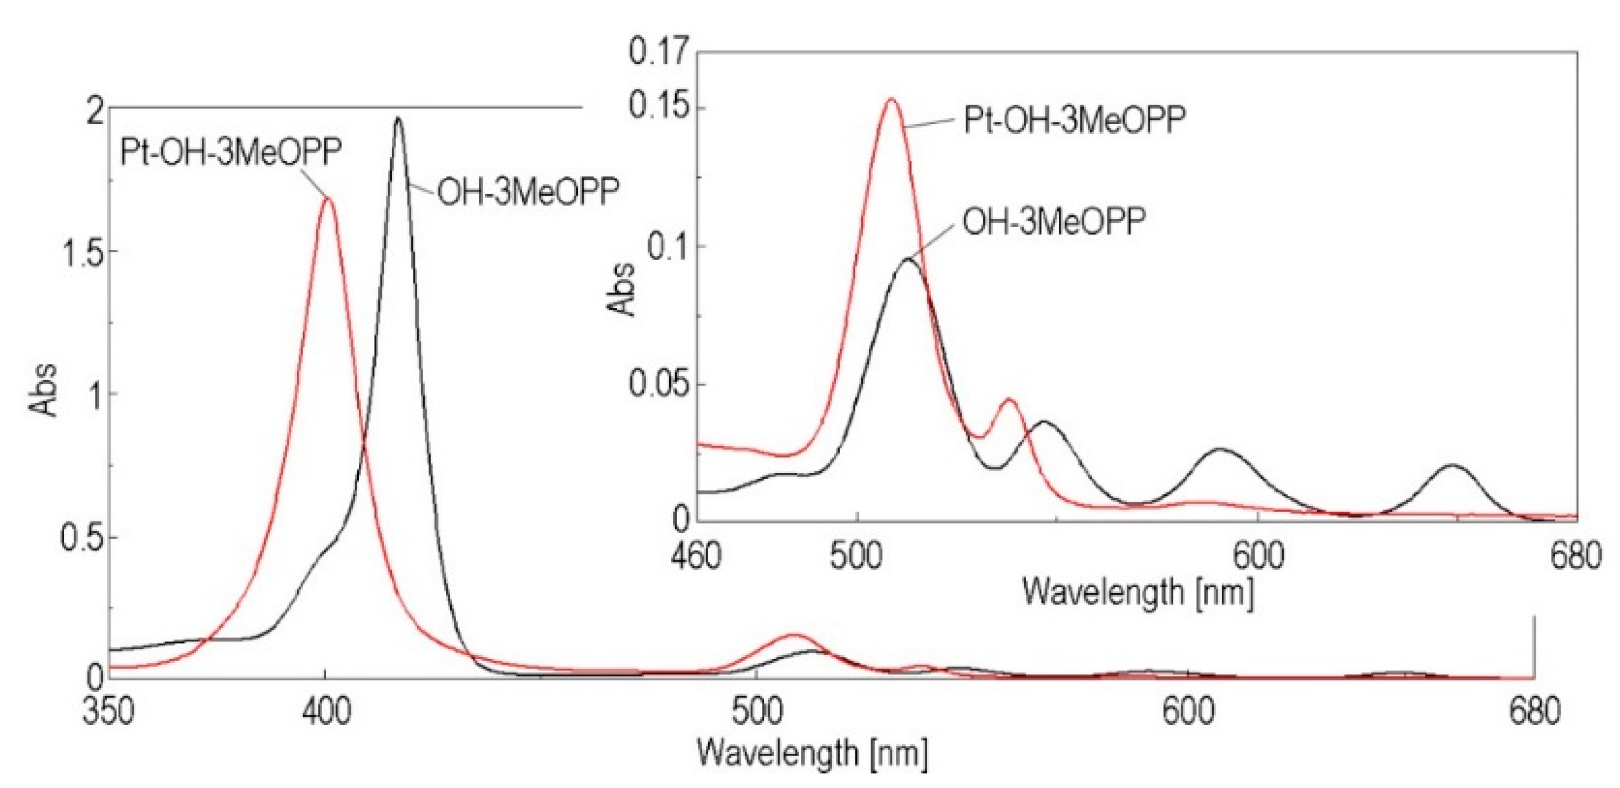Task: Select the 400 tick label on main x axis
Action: click(324, 712)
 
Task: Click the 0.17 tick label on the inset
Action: click(659, 50)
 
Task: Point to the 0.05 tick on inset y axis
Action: click(659, 384)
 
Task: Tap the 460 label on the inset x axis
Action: click(699, 556)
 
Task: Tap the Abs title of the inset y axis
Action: click(623, 288)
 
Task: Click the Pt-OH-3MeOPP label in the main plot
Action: click(231, 153)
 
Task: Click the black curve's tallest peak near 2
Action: click(398, 118)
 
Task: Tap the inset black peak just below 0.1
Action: click(908, 259)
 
